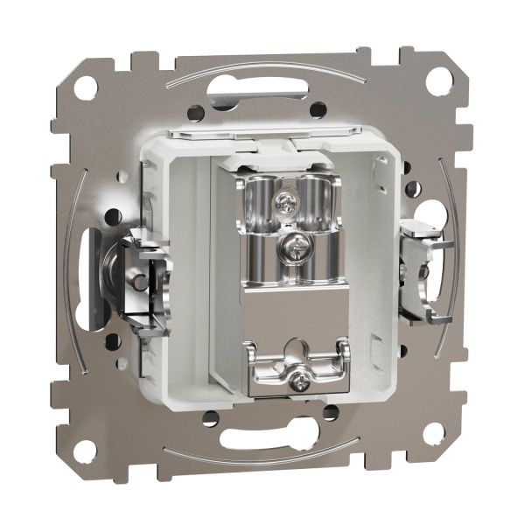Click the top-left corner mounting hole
coord(86,87)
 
